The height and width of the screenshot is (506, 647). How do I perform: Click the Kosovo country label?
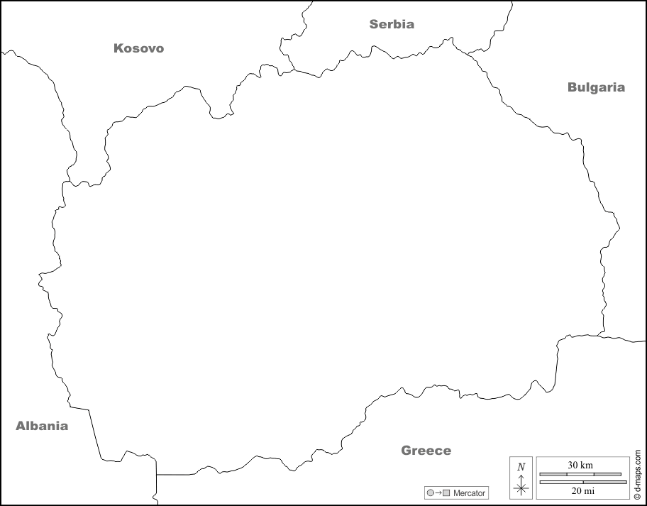pyautogui.click(x=138, y=48)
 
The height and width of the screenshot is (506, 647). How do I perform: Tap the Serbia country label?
pyautogui.click(x=392, y=24)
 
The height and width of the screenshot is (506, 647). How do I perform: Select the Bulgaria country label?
pyautogui.click(x=596, y=87)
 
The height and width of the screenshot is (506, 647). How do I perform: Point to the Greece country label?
pyautogui.click(x=426, y=450)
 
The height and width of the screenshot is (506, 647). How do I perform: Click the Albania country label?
pyautogui.click(x=42, y=426)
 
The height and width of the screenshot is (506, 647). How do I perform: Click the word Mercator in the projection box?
pyautogui.click(x=469, y=493)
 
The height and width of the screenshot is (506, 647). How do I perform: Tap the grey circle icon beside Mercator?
pyautogui.click(x=430, y=493)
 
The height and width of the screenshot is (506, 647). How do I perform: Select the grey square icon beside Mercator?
pyautogui.click(x=446, y=493)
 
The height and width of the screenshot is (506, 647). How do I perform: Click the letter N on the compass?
pyautogui.click(x=521, y=466)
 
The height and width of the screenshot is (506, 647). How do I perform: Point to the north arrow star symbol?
pyautogui.click(x=521, y=488)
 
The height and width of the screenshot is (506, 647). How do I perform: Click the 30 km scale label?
pyautogui.click(x=580, y=465)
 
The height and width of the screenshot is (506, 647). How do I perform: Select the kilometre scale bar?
pyautogui.click(x=580, y=474)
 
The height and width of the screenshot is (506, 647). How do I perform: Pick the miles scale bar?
pyautogui.click(x=583, y=482)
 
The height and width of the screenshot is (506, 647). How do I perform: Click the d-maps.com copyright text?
pyautogui.click(x=638, y=475)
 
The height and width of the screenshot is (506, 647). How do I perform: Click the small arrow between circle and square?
pyautogui.click(x=438, y=493)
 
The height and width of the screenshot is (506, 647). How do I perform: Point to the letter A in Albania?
pyautogui.click(x=21, y=426)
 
